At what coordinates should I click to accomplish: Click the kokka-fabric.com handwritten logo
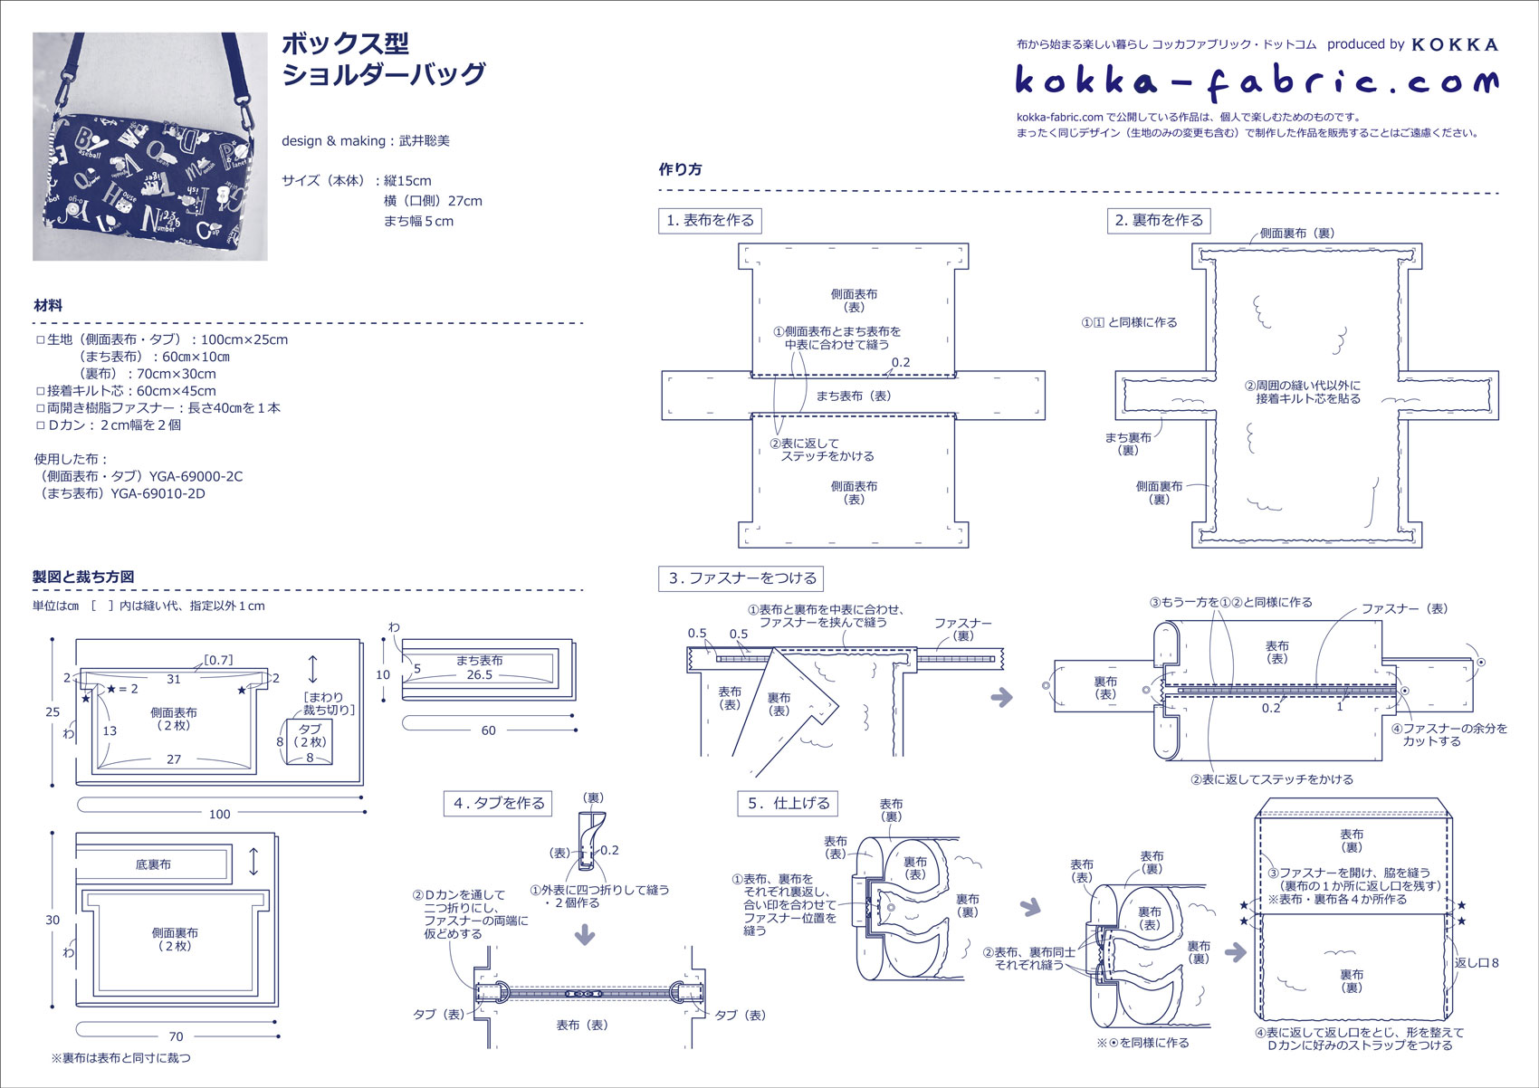pyautogui.click(x=1257, y=81)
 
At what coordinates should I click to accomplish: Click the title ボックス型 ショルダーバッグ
pyautogui.click(x=383, y=59)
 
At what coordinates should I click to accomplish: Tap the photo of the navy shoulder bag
pyautogui.click(x=150, y=147)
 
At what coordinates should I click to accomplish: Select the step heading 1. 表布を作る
pyautogui.click(x=710, y=220)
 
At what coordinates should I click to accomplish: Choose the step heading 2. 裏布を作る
pyautogui.click(x=1159, y=220)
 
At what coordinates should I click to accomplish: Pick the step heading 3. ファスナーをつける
pyautogui.click(x=741, y=578)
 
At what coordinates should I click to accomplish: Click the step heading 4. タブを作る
pyautogui.click(x=499, y=803)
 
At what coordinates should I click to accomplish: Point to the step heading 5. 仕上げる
pyautogui.click(x=788, y=803)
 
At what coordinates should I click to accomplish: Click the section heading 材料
pyautogui.click(x=48, y=306)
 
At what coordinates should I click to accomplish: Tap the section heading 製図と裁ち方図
pyautogui.click(x=83, y=577)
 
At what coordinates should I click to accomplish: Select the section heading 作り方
pyautogui.click(x=680, y=169)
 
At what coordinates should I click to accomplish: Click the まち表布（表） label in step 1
pyautogui.click(x=853, y=396)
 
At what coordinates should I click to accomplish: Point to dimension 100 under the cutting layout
pyautogui.click(x=220, y=814)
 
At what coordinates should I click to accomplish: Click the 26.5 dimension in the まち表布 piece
pyautogui.click(x=480, y=674)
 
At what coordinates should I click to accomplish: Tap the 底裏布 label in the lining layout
pyautogui.click(x=153, y=864)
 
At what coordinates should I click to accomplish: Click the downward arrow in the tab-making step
pyautogui.click(x=585, y=933)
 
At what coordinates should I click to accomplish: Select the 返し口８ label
pyautogui.click(x=1477, y=962)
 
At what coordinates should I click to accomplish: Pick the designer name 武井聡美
pyautogui.click(x=425, y=140)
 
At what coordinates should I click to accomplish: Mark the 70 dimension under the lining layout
pyautogui.click(x=176, y=1036)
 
